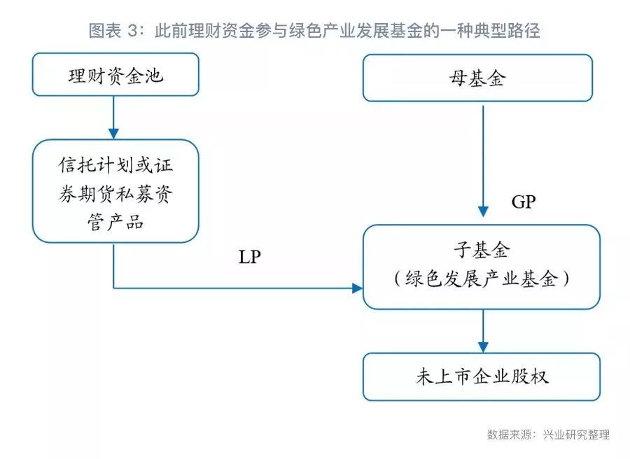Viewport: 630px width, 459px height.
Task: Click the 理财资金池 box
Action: click(115, 75)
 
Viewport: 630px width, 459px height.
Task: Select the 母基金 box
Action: click(477, 78)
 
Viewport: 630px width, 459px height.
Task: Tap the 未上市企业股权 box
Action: click(482, 376)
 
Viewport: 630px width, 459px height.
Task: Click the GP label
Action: click(524, 202)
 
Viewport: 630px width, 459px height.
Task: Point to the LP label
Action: click(250, 257)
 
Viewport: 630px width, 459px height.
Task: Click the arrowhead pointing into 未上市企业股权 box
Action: click(483, 347)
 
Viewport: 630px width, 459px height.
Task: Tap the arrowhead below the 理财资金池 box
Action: click(113, 134)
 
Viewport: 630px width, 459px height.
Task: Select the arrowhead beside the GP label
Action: click(483, 211)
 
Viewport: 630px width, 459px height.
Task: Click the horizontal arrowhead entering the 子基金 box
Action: click(357, 288)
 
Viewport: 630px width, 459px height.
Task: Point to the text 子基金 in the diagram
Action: click(482, 250)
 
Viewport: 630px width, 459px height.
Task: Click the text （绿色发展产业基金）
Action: click(482, 278)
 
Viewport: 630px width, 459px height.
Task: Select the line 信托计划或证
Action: click(115, 164)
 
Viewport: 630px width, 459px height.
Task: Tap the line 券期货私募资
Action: click(115, 194)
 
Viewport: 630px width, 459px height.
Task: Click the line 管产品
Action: click(115, 222)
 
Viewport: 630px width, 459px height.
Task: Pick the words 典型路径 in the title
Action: click(507, 31)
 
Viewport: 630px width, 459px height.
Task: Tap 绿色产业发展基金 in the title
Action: click(356, 31)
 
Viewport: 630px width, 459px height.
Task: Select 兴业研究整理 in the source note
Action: click(576, 434)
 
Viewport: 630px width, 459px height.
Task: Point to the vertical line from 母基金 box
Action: click(483, 157)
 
